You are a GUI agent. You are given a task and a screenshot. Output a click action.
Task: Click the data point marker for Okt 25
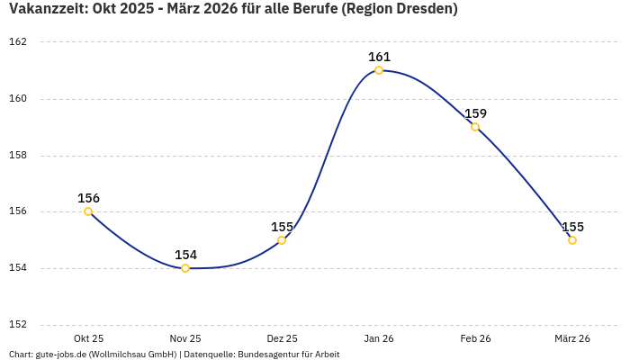pos(88,211)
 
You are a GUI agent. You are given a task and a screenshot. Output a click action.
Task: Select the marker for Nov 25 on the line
pos(185,268)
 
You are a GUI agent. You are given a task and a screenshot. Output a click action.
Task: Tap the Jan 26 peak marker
pos(379,70)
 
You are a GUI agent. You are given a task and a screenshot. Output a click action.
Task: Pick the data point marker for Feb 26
pos(475,127)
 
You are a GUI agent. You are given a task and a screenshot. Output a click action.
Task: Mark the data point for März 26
pos(572,240)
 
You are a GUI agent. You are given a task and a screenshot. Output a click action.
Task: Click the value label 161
pos(379,57)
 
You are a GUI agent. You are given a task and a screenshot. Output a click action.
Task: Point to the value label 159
pos(475,113)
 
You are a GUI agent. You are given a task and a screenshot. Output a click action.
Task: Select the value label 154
pos(185,255)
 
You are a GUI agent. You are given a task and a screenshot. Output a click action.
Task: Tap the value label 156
pos(88,198)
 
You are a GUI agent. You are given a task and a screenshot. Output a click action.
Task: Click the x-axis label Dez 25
pos(282,338)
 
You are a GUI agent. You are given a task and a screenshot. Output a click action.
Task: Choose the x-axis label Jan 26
pos(379,338)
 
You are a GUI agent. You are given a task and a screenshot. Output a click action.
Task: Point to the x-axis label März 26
pos(572,338)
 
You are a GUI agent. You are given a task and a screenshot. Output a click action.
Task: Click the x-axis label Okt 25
pos(88,338)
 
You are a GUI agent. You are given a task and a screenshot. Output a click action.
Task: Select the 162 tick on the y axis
pos(18,42)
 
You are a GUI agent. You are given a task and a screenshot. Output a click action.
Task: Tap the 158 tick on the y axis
pos(18,155)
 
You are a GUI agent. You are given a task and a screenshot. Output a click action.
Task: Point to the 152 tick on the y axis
pos(18,324)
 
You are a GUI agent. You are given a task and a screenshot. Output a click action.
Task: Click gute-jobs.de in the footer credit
pos(60,355)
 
